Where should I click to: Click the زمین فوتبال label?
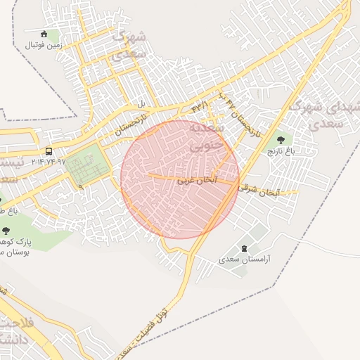44,45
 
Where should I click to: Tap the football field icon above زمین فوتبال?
44,34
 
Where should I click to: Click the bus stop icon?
49,151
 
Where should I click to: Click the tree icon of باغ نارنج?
281,140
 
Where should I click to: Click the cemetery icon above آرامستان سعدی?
244,248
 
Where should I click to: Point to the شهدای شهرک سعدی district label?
325,115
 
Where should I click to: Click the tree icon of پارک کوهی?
6,230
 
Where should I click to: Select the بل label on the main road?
141,105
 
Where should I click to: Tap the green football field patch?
89,163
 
